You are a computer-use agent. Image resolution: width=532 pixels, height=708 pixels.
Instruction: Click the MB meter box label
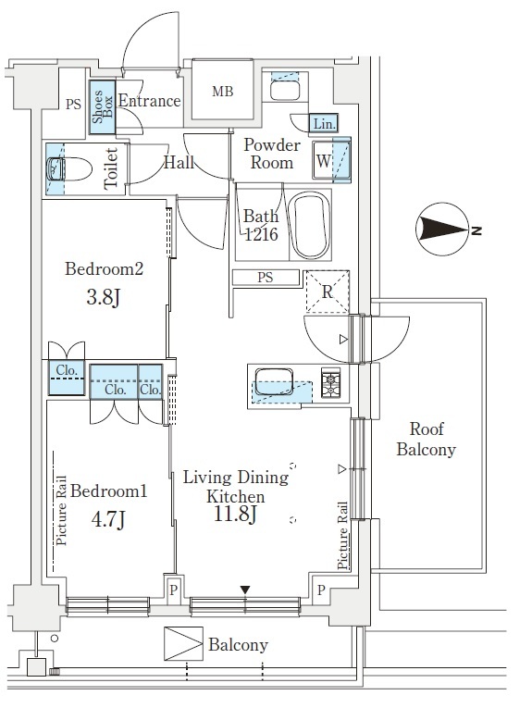click(223, 92)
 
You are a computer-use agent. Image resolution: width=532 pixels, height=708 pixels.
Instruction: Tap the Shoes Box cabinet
click(102, 107)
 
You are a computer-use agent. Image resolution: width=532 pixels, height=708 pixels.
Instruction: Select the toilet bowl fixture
click(69, 168)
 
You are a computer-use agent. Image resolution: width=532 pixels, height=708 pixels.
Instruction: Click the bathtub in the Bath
click(311, 226)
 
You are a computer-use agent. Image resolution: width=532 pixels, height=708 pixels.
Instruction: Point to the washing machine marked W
click(331, 160)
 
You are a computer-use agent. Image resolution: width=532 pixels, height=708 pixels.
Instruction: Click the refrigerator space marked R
click(328, 292)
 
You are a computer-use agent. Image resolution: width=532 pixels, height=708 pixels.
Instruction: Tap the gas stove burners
click(330, 383)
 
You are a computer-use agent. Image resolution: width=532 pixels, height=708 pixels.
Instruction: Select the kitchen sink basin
click(274, 382)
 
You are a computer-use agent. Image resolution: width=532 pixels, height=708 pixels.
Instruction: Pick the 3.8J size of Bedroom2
click(104, 298)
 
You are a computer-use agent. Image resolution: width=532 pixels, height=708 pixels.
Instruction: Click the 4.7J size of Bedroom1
click(108, 519)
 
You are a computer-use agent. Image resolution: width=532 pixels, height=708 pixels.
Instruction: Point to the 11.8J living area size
click(235, 514)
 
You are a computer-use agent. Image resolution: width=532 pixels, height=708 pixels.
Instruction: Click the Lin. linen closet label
click(324, 123)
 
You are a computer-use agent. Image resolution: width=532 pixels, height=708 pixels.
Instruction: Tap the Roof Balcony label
click(426, 439)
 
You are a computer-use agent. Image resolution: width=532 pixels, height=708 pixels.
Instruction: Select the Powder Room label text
click(272, 154)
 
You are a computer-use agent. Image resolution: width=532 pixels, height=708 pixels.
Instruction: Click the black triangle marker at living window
click(245, 590)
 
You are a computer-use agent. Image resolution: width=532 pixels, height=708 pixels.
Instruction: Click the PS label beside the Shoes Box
click(73, 105)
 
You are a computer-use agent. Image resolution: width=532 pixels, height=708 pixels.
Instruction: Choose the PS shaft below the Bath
click(266, 278)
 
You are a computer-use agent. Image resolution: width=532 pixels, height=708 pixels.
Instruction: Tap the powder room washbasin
click(285, 90)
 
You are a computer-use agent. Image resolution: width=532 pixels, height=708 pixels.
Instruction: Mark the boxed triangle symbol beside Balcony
click(183, 643)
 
